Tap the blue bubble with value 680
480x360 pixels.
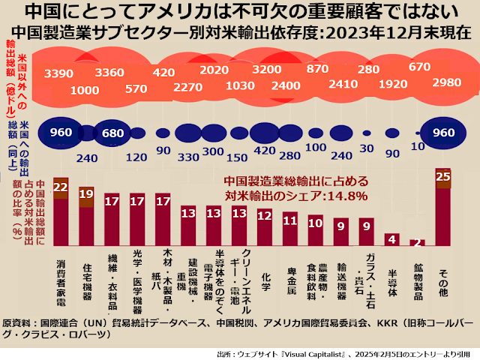click(x=112, y=133)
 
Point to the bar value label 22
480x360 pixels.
click(x=61, y=187)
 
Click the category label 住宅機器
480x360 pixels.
click(x=87, y=281)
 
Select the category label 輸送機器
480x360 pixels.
click(x=341, y=280)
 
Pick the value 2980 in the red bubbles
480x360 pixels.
click(x=447, y=82)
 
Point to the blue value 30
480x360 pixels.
click(x=367, y=148)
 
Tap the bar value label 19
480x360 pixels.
click(x=86, y=193)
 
